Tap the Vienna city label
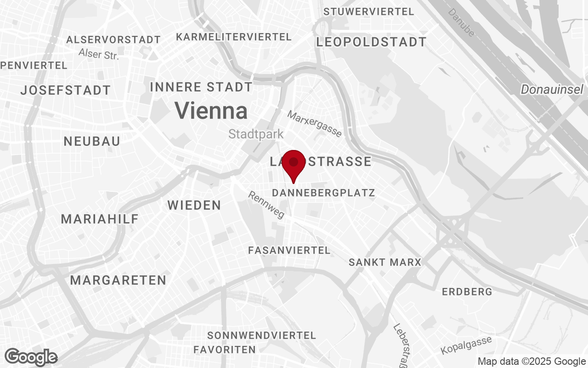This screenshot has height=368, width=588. [x=211, y=111]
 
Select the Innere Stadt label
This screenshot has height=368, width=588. [x=201, y=87]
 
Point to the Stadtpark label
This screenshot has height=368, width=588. [x=256, y=134]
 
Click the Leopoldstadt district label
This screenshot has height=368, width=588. [x=371, y=42]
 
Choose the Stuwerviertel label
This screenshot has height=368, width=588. [x=369, y=12]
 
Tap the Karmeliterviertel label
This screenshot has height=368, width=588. [x=234, y=37]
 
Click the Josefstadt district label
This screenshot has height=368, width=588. [x=66, y=90]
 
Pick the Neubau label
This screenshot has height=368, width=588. [x=92, y=141]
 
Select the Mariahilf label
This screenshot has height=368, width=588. [x=100, y=219]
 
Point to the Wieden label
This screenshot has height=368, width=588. [x=194, y=205]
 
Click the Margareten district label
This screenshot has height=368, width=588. [x=118, y=280]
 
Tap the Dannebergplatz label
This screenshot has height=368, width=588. [x=323, y=193]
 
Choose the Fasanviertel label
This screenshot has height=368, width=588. [x=289, y=251]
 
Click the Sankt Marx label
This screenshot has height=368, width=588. [x=385, y=263]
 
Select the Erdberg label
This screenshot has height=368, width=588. [x=467, y=292]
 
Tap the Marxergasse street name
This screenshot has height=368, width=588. [x=315, y=124]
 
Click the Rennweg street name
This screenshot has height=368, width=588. [x=266, y=205]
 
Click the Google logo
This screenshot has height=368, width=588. [x=31, y=357]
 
